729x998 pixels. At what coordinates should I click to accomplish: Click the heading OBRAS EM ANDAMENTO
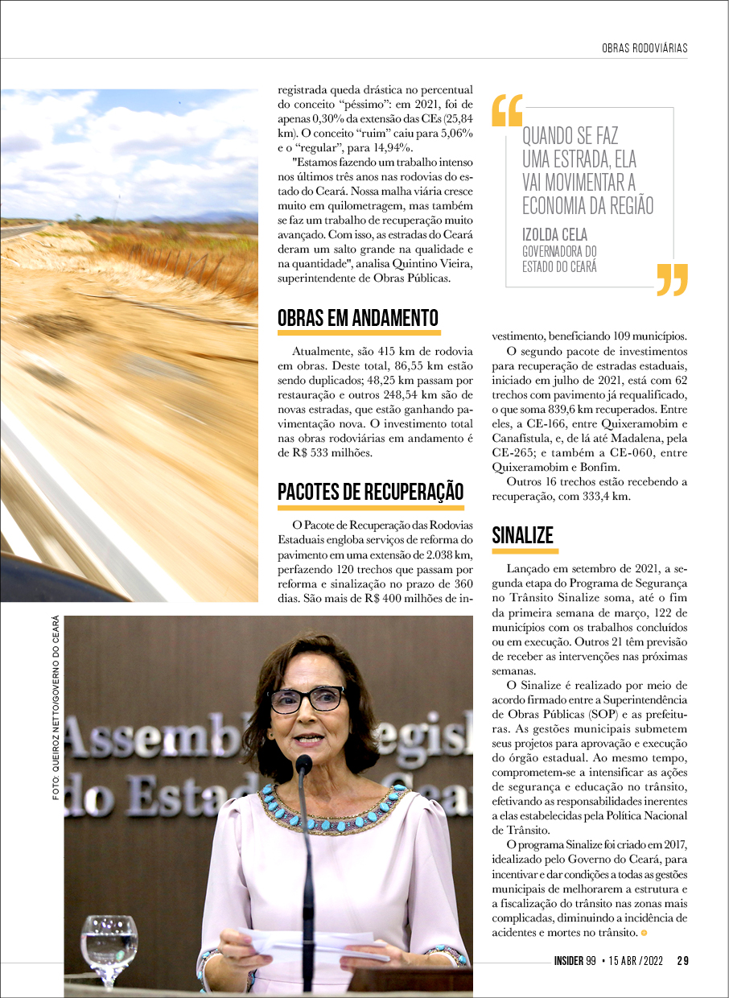358,318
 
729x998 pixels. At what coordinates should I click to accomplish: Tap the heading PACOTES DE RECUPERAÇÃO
370,492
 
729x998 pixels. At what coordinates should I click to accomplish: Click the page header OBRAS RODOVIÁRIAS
645,48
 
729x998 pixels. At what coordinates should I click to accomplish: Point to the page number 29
682,960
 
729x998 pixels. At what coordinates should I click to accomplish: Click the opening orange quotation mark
507,111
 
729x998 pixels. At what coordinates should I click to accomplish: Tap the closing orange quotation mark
672,279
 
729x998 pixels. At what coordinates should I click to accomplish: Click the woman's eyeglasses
307,699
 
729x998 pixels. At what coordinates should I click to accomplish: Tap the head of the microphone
303,764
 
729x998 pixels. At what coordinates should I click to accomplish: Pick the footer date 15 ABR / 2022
635,960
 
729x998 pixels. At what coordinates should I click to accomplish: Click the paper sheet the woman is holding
306,945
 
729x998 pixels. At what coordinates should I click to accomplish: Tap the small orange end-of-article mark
644,933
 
